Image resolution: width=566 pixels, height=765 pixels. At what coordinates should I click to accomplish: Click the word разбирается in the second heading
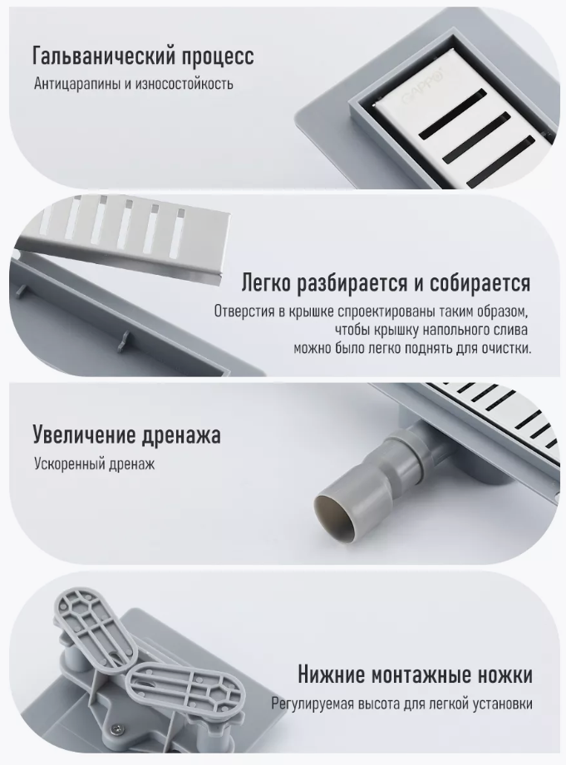tap(352, 283)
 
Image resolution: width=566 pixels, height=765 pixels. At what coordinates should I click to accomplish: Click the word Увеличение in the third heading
tap(83, 435)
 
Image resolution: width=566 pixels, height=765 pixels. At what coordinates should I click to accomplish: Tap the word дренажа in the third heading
tap(180, 436)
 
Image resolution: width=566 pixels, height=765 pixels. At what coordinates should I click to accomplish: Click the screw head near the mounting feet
tap(118, 728)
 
